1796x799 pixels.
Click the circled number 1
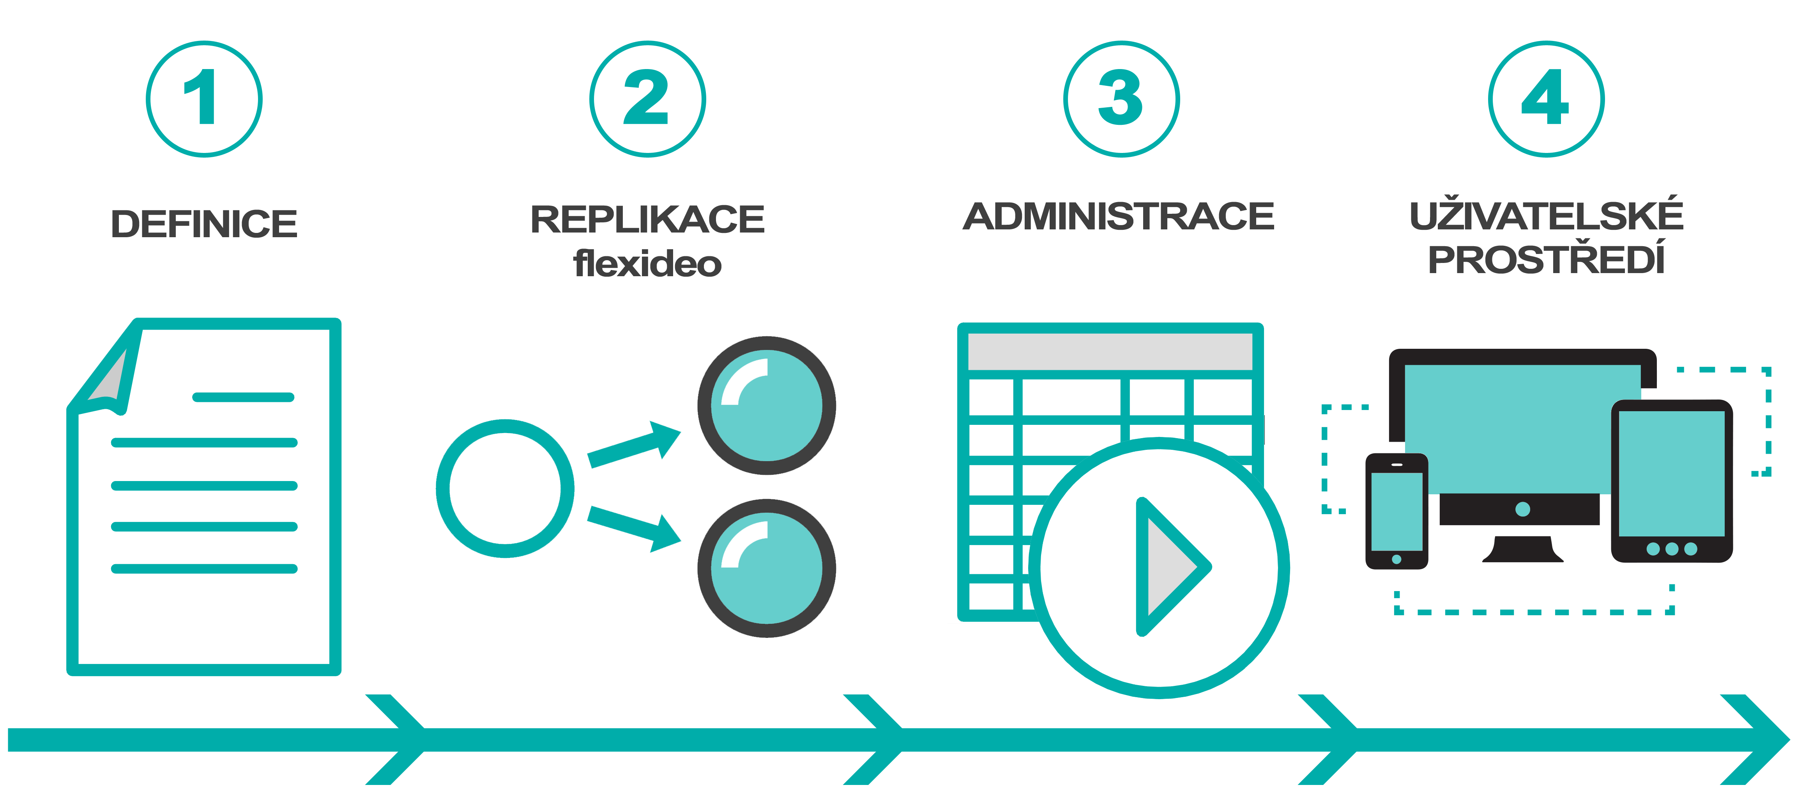pos(203,99)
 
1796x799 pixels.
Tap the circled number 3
pos(1121,99)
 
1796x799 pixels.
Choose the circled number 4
pos(1546,99)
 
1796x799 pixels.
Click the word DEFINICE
pos(204,224)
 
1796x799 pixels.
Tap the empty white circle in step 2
pos(505,488)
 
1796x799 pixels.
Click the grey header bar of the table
pos(1110,351)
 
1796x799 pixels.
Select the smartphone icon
pos(1396,511)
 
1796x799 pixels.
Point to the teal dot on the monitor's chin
pos(1523,510)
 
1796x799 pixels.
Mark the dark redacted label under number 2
pos(648,241)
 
